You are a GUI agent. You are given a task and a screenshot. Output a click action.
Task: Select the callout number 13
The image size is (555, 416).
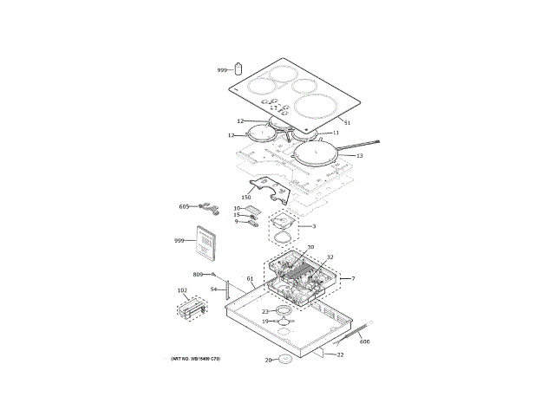point(359,156)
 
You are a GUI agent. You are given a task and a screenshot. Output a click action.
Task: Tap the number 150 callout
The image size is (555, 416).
point(245,198)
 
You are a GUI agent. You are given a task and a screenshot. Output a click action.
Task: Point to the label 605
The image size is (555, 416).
point(184,206)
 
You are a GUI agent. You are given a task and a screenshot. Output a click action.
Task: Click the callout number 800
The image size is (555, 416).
point(198,274)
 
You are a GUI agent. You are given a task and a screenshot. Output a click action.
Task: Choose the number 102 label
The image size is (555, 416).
point(182,290)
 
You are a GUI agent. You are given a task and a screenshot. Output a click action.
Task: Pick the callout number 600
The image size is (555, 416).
point(365,342)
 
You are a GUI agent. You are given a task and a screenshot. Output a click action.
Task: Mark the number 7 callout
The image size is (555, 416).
point(353,278)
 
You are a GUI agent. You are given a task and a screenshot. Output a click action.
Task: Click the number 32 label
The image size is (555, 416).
point(330,257)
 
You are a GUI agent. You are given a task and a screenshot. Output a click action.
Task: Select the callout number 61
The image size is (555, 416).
point(250,279)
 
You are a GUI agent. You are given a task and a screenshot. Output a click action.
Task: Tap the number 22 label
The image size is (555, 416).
point(340,354)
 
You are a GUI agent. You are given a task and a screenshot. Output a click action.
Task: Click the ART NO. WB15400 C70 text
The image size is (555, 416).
point(195,358)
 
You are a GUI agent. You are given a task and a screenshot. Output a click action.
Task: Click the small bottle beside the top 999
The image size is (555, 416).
point(238,68)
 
